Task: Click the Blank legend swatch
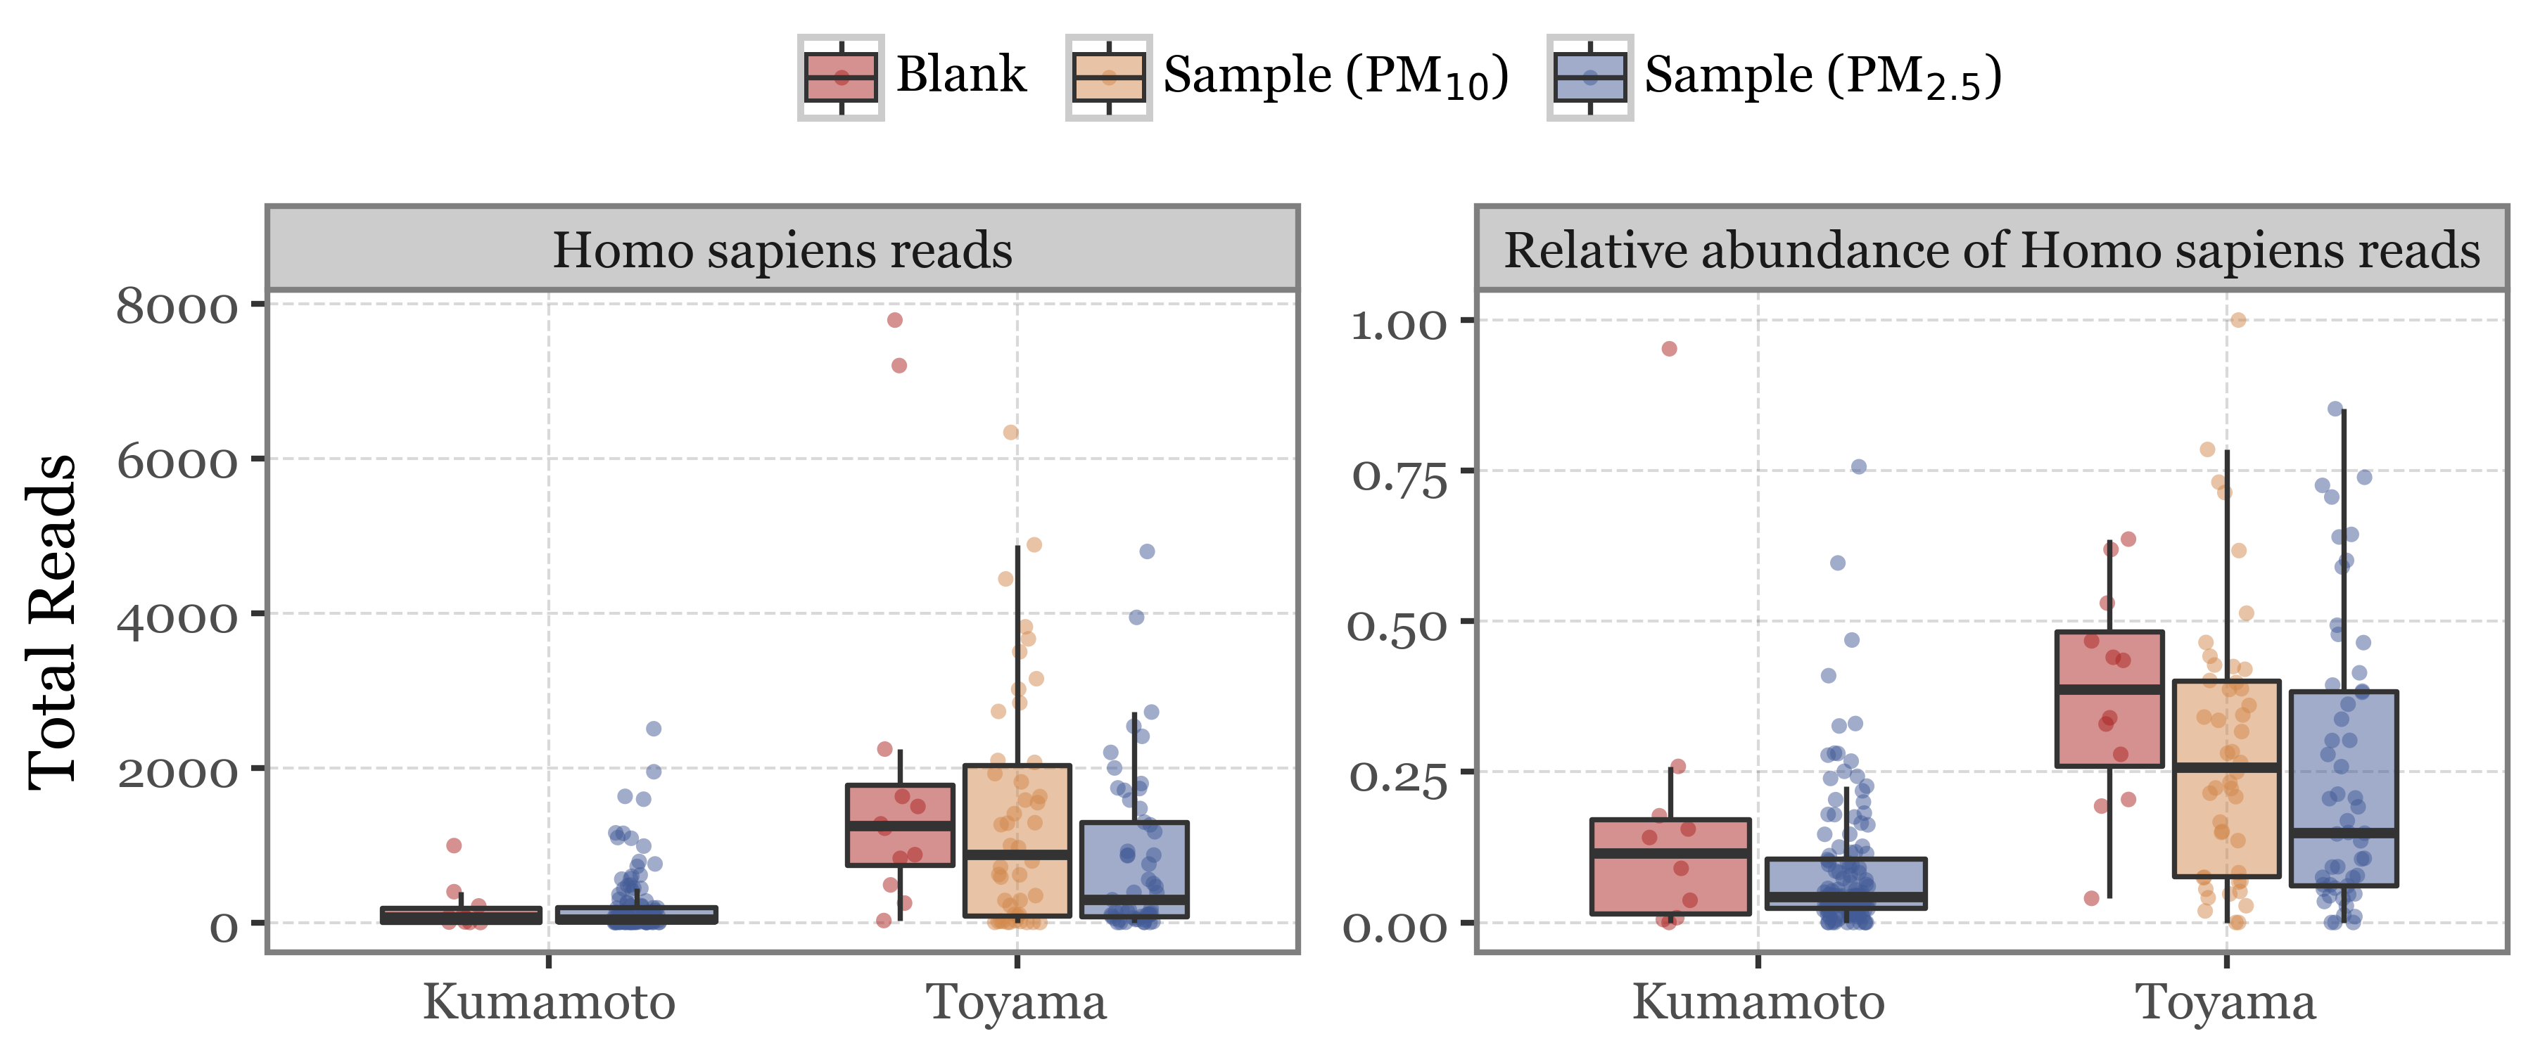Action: (841, 77)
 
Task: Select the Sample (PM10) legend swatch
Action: (1108, 77)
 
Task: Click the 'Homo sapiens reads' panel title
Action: (782, 250)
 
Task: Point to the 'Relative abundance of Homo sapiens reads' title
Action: (1992, 250)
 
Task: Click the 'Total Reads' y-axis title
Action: (52, 622)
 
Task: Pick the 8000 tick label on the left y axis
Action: (177, 307)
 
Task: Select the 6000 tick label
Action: (177, 461)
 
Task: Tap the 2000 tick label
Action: (177, 772)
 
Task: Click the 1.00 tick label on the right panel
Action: (1398, 324)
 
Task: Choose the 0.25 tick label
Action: (1397, 776)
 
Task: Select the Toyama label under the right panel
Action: (2226, 1003)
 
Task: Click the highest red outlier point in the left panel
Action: (895, 319)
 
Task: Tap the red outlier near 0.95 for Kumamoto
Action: (1670, 349)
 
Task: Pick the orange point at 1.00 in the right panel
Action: (2238, 319)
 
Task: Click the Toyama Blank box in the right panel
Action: (2109, 727)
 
